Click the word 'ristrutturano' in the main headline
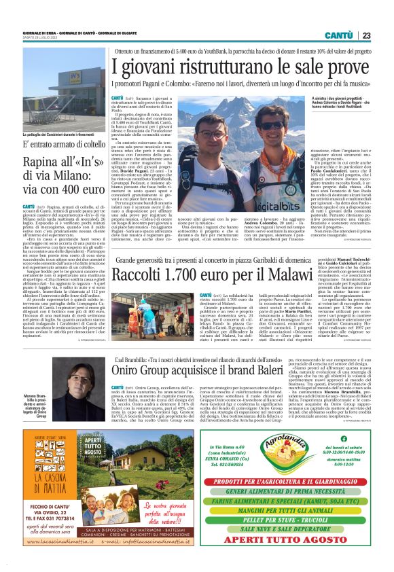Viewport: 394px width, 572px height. tap(225, 67)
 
